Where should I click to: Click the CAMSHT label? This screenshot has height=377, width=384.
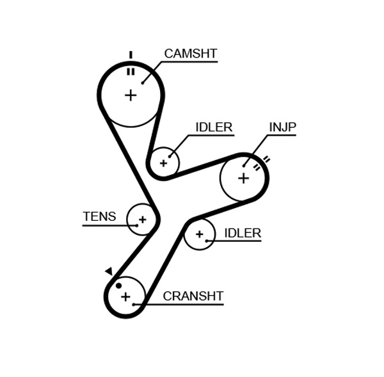pyautogui.click(x=190, y=54)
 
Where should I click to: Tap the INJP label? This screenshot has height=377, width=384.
pyautogui.click(x=282, y=127)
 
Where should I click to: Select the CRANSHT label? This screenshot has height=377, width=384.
pyautogui.click(x=193, y=296)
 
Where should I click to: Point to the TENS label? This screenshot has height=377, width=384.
pyautogui.click(x=99, y=217)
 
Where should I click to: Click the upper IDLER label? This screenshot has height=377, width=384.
pyautogui.click(x=214, y=127)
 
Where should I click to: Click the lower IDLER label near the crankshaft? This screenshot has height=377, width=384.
pyautogui.click(x=243, y=234)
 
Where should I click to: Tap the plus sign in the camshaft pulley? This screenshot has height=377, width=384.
pyautogui.click(x=131, y=95)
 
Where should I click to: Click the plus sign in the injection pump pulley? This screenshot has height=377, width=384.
pyautogui.click(x=243, y=178)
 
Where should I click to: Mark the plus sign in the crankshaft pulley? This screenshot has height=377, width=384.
pyautogui.click(x=125, y=297)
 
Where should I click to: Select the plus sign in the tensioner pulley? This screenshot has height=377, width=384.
pyautogui.click(x=142, y=220)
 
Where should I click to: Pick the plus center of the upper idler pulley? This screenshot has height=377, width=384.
pyautogui.click(x=163, y=163)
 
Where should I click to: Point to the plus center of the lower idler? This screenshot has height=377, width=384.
pyautogui.click(x=199, y=234)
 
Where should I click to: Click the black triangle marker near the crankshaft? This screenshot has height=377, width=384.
pyautogui.click(x=109, y=271)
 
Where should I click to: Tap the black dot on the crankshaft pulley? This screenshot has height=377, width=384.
pyautogui.click(x=118, y=285)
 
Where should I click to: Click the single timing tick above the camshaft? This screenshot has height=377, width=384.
pyautogui.click(x=131, y=55)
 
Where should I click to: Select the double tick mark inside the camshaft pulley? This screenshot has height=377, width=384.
pyautogui.click(x=131, y=72)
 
